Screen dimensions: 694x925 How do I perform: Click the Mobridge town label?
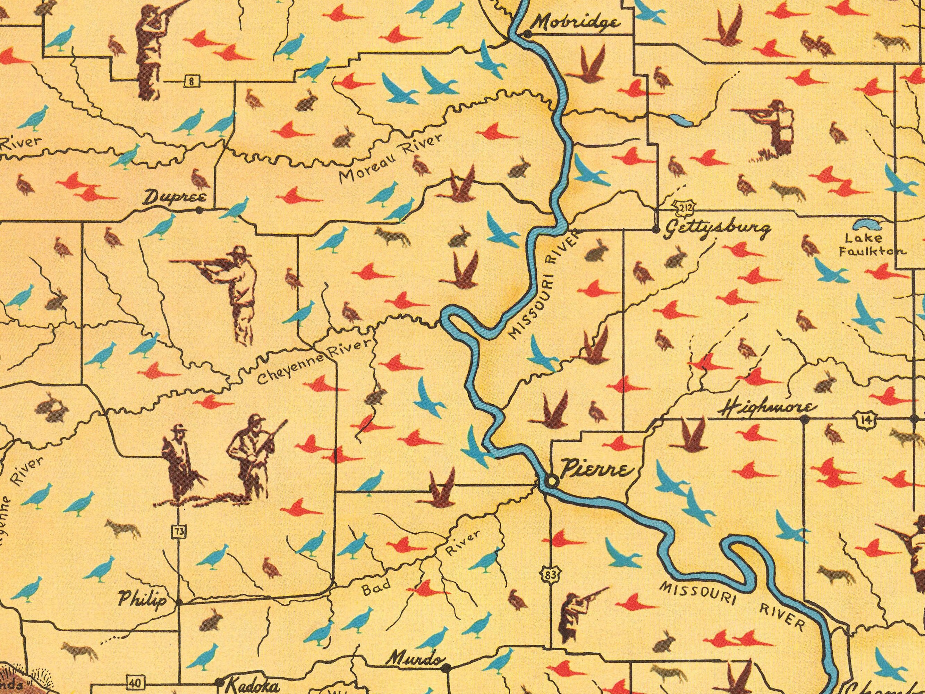[x=577, y=23]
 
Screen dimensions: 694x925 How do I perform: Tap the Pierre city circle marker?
[x=552, y=481]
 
